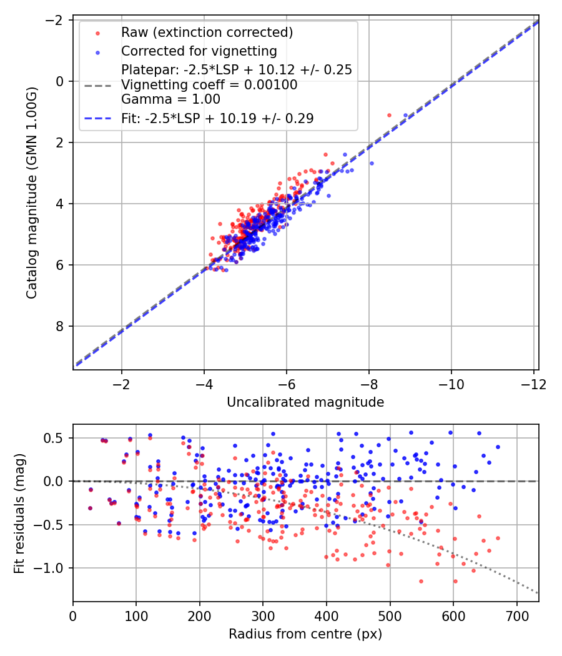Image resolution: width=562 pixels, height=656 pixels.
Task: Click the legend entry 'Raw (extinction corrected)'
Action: pyautogui.click(x=207, y=32)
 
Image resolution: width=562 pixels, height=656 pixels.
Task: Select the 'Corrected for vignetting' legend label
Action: pyautogui.click(x=199, y=51)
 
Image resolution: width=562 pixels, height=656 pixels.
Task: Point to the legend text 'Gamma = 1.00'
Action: pyautogui.click(x=170, y=99)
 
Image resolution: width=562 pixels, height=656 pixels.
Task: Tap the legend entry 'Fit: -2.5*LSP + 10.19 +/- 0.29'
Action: pyautogui.click(x=217, y=117)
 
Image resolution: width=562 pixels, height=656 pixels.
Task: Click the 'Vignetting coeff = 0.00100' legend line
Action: pyautogui.click(x=209, y=84)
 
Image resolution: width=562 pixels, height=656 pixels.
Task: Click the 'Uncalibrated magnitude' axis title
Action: pyautogui.click(x=305, y=402)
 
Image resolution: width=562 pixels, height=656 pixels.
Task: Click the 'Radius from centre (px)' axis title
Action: pyautogui.click(x=305, y=634)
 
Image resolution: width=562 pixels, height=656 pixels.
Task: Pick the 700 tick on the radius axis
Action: pyautogui.click(x=516, y=615)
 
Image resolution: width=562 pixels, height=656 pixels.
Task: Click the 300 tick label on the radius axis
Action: pyautogui.click(x=263, y=615)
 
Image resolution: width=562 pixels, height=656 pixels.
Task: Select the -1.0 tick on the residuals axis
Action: pyautogui.click(x=53, y=568)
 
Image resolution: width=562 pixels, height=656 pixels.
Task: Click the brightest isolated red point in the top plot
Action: pyautogui.click(x=389, y=116)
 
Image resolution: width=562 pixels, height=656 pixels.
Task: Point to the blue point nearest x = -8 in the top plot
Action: pyautogui.click(x=372, y=163)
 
